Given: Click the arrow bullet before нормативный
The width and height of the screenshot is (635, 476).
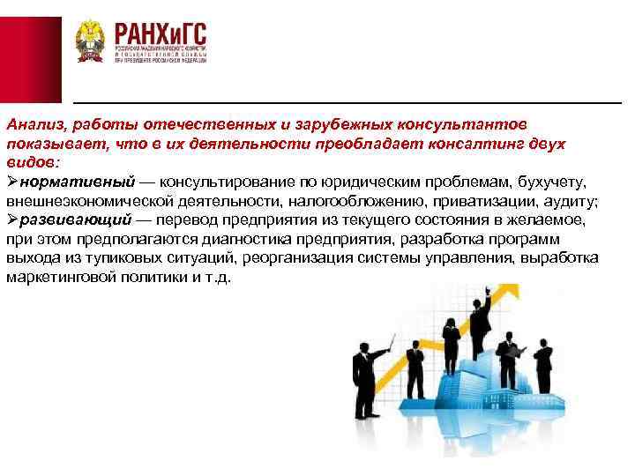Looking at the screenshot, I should click(x=11, y=182).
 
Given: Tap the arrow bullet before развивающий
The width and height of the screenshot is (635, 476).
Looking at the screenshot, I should click(x=11, y=219).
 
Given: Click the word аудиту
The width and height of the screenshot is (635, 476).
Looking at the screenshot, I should click(x=574, y=201).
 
